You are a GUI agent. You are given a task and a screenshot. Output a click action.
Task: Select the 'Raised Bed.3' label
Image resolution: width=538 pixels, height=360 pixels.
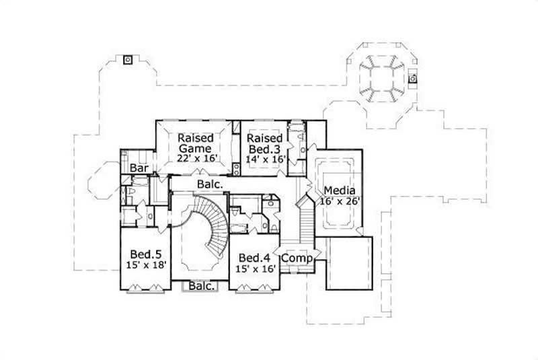[264, 142]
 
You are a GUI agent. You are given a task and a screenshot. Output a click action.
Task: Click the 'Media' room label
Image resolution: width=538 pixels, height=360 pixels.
[339, 190]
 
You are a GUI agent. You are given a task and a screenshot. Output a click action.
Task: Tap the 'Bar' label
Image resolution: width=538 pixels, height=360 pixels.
[139, 168]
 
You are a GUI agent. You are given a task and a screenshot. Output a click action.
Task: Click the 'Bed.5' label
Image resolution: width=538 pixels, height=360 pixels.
[145, 254]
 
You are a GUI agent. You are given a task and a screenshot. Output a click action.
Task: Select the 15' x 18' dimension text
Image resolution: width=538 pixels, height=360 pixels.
[145, 266]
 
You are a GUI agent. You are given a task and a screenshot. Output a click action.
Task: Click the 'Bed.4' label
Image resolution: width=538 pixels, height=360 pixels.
[254, 258]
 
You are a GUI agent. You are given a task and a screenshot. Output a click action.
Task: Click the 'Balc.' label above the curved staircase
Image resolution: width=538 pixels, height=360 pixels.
[210, 183]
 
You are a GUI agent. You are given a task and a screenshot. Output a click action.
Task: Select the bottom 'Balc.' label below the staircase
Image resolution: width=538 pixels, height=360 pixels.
[202, 286]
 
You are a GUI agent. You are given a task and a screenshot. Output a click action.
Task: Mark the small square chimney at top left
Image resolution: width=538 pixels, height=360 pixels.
[126, 59]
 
